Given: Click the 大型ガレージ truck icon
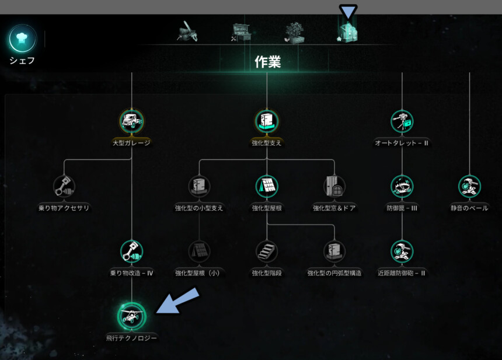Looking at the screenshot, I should tap(131, 121).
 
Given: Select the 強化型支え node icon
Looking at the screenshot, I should tap(267, 121).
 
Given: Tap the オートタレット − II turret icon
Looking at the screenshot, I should tap(402, 121).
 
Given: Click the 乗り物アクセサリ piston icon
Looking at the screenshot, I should tap(64, 187).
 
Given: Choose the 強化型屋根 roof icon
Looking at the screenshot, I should tap(267, 187).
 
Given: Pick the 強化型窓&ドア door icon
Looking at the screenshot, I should tap(334, 187).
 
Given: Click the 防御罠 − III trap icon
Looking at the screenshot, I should tap(402, 187).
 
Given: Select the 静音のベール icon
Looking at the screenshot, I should tap(469, 187).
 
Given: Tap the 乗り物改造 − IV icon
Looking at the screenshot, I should tap(131, 251).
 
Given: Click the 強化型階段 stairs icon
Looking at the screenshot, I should tap(267, 251).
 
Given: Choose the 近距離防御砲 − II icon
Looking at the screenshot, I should tap(402, 251).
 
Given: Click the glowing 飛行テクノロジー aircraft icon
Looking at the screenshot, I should tap(131, 316).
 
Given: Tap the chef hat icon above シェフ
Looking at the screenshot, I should tap(22, 39).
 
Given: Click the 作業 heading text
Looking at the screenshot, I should tap(267, 62).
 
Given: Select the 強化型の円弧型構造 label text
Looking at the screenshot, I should tap(334, 273).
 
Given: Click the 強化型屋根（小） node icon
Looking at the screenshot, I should tap(199, 251).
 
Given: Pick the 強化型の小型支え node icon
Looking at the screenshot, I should tap(199, 187).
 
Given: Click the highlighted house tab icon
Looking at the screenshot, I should tap(348, 33).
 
